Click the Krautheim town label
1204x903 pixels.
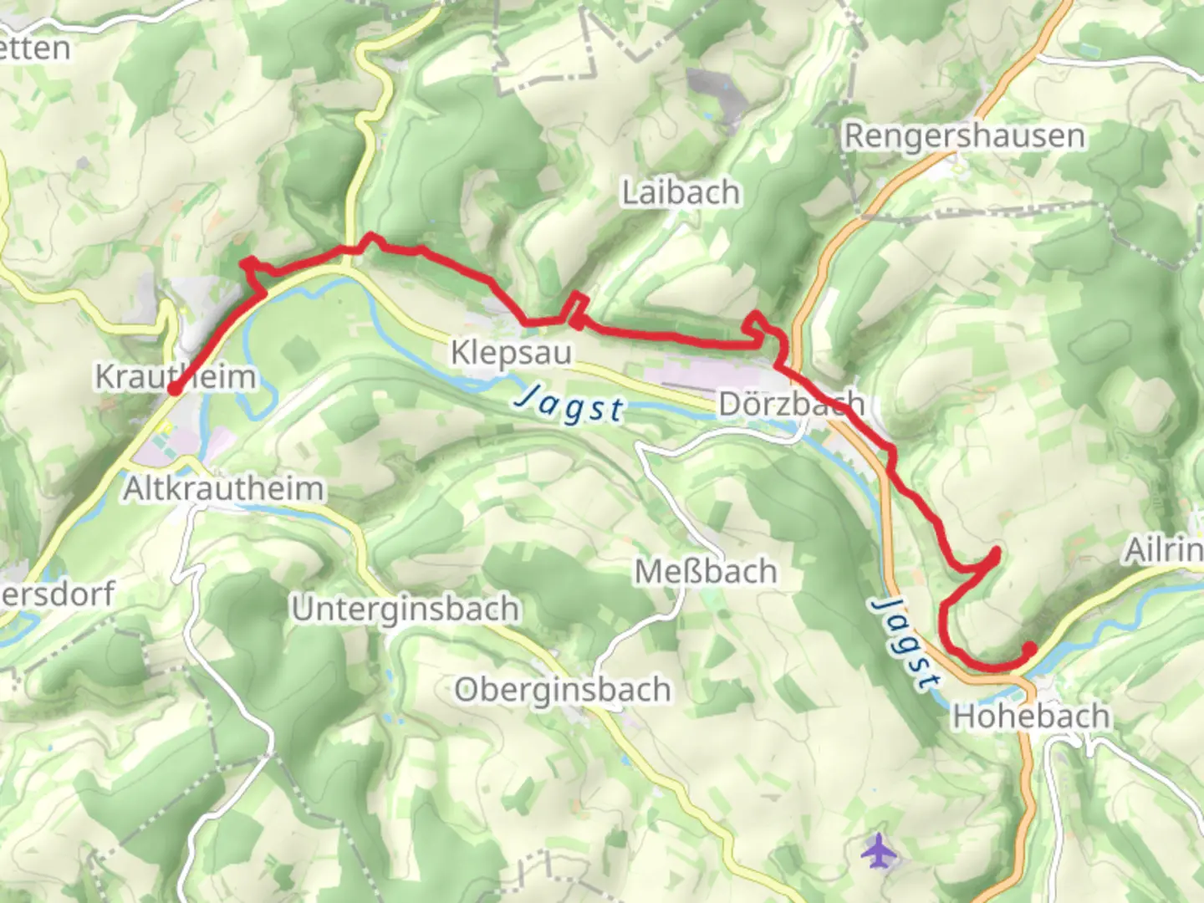point(176,376)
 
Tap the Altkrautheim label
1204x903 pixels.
point(223,488)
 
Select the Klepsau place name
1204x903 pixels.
point(511,352)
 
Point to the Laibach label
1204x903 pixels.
point(681,192)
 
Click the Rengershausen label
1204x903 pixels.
point(964,135)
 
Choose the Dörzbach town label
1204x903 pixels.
point(791,404)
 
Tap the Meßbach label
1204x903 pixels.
point(706,572)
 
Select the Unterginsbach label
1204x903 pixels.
point(406,609)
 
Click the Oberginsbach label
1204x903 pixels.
point(563,690)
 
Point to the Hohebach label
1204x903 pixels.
point(1032,717)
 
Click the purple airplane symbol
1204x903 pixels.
point(878,851)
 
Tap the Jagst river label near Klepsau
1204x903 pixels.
point(569,406)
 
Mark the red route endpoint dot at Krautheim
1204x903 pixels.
point(174,389)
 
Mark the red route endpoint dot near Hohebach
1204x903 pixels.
point(1030,647)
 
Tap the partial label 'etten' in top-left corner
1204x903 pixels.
point(35,48)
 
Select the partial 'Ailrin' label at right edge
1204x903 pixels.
point(1164,550)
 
